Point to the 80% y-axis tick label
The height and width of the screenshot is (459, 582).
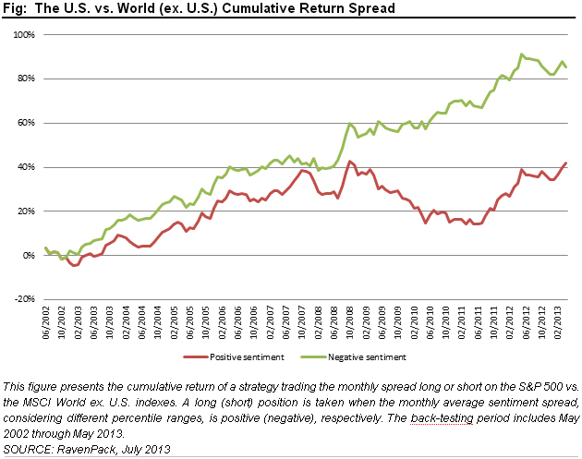pyautogui.click(x=25, y=79)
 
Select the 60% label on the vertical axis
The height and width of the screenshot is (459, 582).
pyautogui.click(x=25, y=123)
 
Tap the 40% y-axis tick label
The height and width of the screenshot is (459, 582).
pyautogui.click(x=25, y=167)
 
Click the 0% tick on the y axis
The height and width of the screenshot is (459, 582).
pyautogui.click(x=28, y=256)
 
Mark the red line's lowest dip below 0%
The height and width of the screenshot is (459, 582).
pyautogui.click(x=74, y=266)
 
